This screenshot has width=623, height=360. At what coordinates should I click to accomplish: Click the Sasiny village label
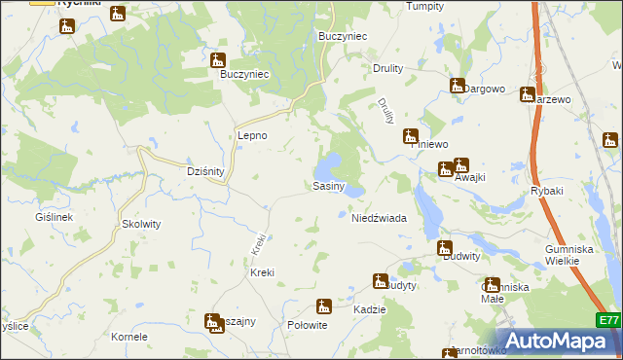point(328,186)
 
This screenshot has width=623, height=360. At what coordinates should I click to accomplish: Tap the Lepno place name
point(252,136)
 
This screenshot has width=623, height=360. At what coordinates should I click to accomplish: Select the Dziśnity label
point(205,171)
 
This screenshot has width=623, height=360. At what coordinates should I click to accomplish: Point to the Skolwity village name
point(141,224)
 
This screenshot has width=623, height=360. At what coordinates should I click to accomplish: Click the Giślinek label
point(54,217)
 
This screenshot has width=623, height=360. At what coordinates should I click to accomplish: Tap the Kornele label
point(128,337)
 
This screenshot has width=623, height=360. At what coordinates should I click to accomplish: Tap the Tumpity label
point(424,6)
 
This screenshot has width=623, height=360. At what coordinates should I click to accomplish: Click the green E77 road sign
point(609,320)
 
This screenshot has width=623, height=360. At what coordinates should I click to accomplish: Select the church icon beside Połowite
point(325,306)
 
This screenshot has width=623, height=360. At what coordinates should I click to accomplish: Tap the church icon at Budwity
point(445,247)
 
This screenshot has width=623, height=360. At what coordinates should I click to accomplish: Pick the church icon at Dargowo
point(457,86)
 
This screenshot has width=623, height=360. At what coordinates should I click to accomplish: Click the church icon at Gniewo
point(411,136)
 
